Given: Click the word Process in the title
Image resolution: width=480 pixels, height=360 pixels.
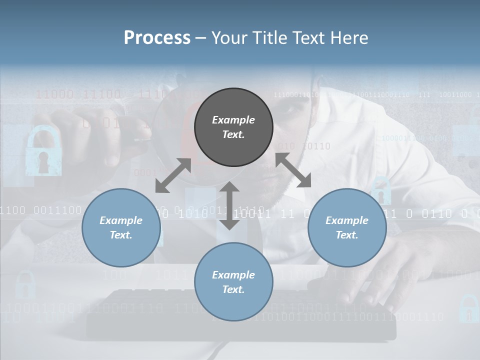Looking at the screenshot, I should tap(157, 38).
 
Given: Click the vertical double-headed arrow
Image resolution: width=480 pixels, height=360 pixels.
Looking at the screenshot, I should tap(229, 206).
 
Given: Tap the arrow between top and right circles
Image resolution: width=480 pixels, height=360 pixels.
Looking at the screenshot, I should tap(293, 170).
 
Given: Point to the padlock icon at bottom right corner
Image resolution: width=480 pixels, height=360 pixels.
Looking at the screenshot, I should tap(468, 308).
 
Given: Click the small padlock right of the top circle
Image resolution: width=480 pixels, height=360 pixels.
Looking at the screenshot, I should tap(381, 190).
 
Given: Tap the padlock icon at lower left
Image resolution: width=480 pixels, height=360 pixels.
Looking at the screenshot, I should tap(25, 285).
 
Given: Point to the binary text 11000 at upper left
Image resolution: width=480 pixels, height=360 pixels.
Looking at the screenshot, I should tap(54, 94).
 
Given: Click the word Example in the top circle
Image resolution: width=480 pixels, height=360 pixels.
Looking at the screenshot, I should tap(233, 120).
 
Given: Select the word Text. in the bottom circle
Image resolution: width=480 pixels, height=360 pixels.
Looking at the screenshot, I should tap(233, 289).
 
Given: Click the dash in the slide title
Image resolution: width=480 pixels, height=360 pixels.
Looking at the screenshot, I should tap(200, 38).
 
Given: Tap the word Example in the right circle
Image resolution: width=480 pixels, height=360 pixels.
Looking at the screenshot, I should tap(347, 220).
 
